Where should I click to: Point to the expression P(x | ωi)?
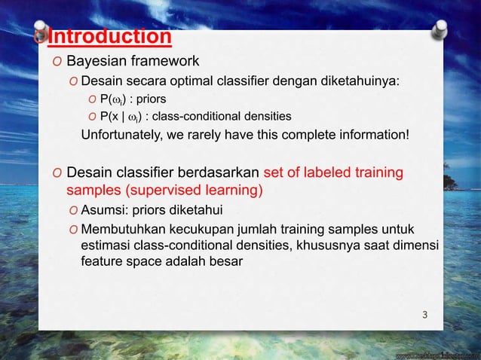click(125, 116)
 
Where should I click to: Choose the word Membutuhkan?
click(121, 228)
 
